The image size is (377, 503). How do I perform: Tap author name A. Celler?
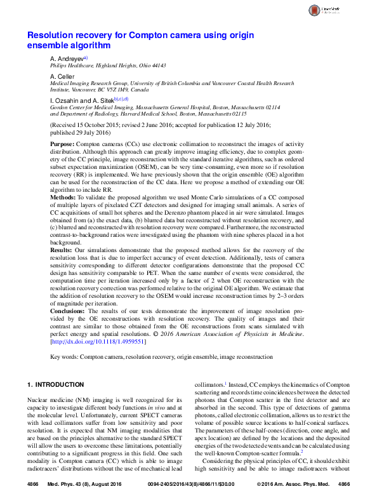click(62, 76)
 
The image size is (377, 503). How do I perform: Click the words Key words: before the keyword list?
click(63, 358)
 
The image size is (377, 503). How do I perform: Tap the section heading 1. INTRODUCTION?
click(57, 385)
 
